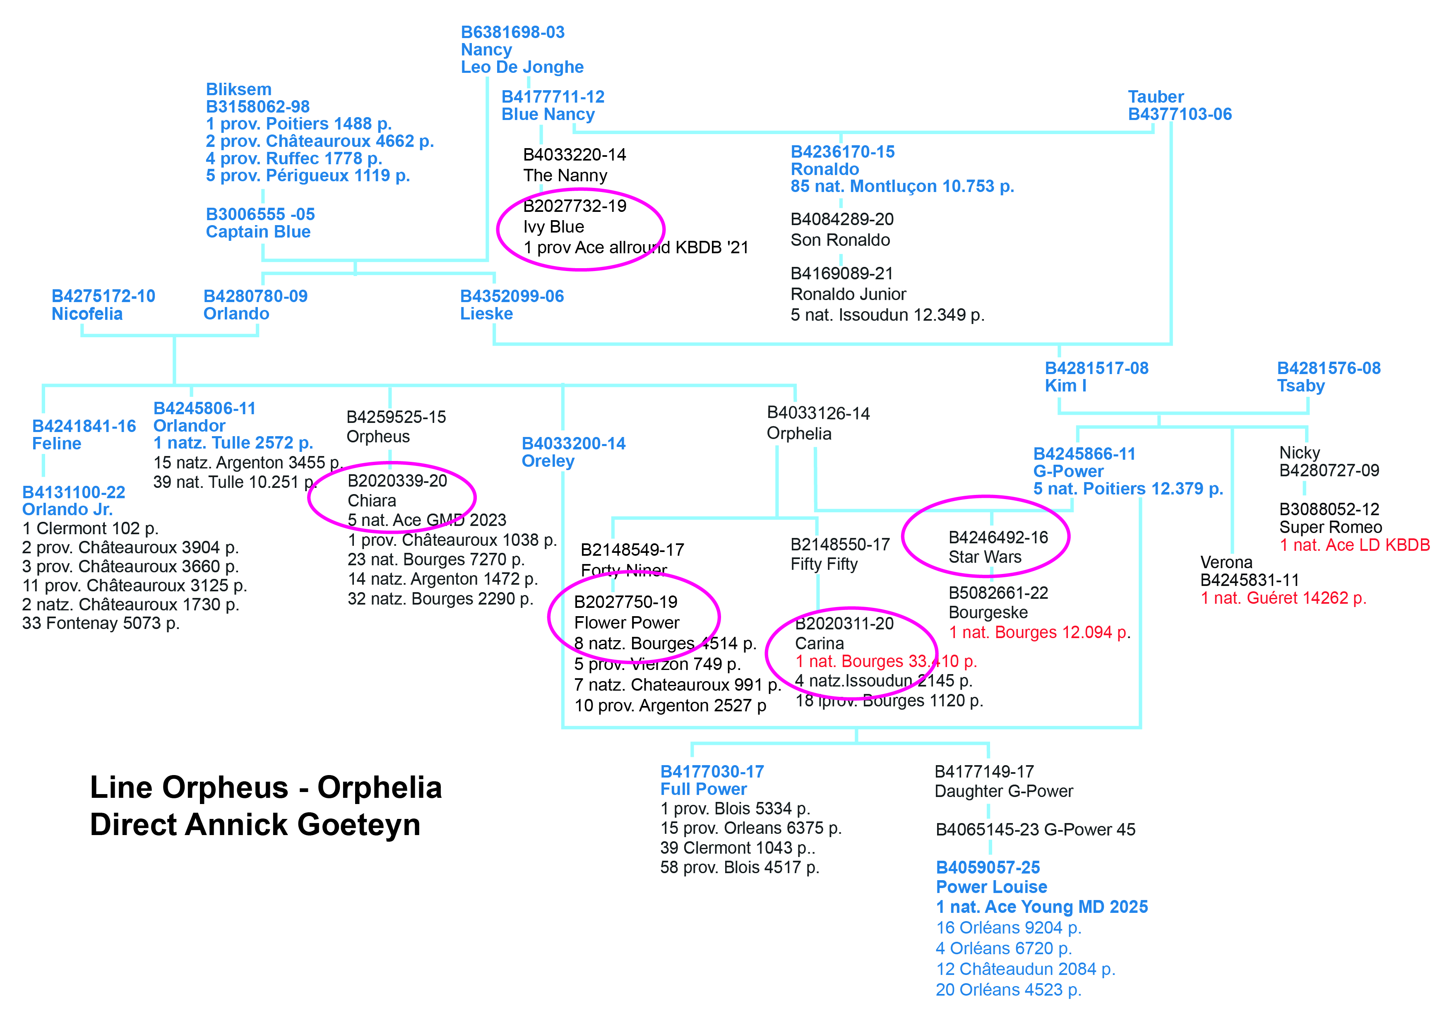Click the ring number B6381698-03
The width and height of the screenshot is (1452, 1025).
click(x=512, y=32)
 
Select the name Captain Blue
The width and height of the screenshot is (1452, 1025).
click(x=258, y=232)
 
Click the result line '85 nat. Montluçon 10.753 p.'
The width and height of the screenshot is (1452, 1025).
click(x=902, y=187)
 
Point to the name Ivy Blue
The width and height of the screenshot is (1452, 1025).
click(x=553, y=227)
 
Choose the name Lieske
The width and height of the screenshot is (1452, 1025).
click(x=486, y=314)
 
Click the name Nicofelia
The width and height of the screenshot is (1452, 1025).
click(x=87, y=314)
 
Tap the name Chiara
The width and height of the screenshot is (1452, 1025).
click(x=372, y=501)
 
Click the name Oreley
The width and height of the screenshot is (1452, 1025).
click(x=548, y=461)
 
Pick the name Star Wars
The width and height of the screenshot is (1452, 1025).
click(x=985, y=557)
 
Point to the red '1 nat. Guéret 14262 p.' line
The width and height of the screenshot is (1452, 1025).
click(x=1283, y=598)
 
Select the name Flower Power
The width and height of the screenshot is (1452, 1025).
click(x=626, y=623)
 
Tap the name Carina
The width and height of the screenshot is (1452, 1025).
click(x=819, y=644)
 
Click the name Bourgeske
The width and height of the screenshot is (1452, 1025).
click(x=988, y=613)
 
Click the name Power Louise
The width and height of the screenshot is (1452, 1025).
click(x=991, y=887)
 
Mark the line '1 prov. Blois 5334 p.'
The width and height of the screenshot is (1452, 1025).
click(x=735, y=809)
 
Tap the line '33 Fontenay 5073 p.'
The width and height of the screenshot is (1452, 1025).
click(x=101, y=624)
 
